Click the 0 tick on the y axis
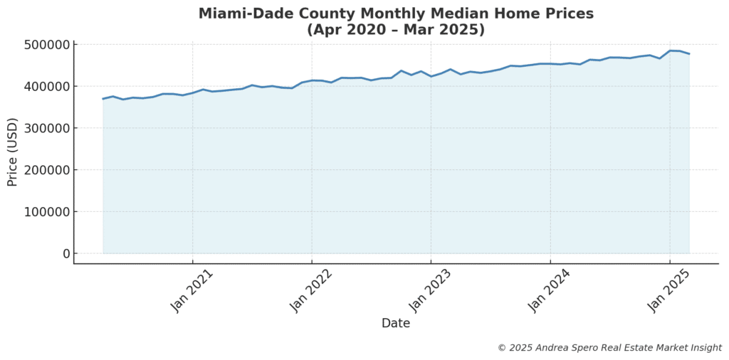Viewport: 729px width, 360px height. [67, 254]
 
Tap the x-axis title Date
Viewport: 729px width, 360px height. [396, 324]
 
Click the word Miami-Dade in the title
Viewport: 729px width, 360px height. [241, 14]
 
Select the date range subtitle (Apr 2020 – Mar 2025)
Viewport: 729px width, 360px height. [396, 30]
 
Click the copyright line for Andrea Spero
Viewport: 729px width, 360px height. [609, 348]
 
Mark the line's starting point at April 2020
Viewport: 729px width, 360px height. [103, 99]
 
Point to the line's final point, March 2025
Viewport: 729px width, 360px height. [689, 54]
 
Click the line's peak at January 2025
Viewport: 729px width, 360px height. [670, 51]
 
